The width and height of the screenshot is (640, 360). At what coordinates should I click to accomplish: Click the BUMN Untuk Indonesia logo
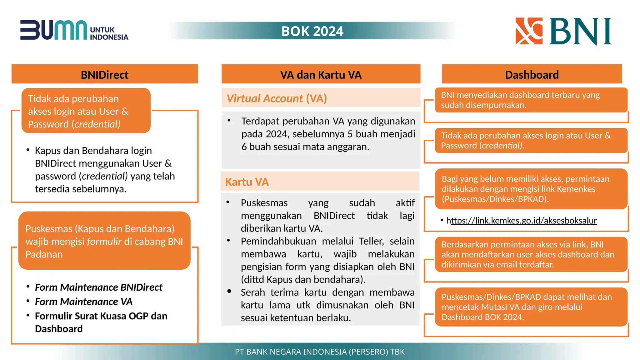pyautogui.click(x=74, y=30)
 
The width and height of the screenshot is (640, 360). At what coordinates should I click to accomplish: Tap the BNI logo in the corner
pyautogui.click(x=563, y=31)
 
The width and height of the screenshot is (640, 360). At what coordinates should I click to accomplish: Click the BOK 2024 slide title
pyautogui.click(x=312, y=31)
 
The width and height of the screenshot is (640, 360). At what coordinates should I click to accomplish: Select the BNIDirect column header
pyautogui.click(x=104, y=75)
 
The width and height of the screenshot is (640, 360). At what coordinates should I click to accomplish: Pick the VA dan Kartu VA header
pyautogui.click(x=321, y=75)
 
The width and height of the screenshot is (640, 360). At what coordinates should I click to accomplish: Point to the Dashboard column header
pyautogui.click(x=532, y=75)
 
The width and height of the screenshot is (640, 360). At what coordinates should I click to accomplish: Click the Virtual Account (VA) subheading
pyautogui.click(x=277, y=98)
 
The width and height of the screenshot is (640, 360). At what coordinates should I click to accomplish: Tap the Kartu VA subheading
pyautogui.click(x=247, y=182)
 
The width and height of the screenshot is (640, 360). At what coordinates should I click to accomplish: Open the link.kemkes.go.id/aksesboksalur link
pyautogui.click(x=522, y=221)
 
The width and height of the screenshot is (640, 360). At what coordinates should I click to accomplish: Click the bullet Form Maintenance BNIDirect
pyautogui.click(x=98, y=287)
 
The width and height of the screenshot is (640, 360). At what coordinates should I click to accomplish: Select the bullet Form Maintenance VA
pyautogui.click(x=83, y=302)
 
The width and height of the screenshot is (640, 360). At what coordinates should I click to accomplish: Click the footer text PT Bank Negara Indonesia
pyautogui.click(x=320, y=352)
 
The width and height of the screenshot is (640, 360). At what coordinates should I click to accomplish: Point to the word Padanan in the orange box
pyautogui.click(x=44, y=254)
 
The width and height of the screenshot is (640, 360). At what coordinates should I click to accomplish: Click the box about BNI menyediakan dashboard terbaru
pyautogui.click(x=531, y=100)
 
